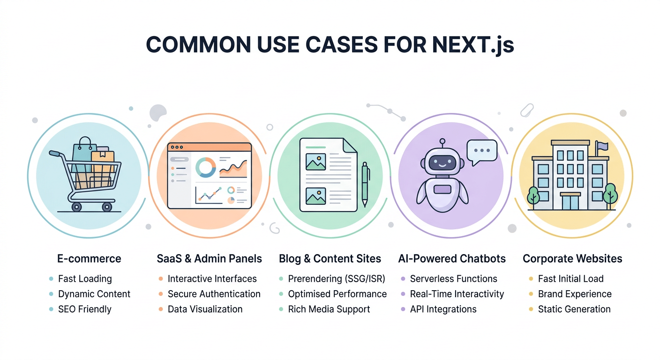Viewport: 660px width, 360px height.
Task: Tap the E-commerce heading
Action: (89, 258)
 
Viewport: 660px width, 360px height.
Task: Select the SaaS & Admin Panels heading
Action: (209, 258)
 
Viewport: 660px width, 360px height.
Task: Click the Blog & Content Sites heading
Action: (330, 258)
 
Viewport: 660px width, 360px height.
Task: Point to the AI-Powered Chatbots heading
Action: (452, 258)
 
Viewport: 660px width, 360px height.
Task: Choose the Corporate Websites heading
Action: (572, 258)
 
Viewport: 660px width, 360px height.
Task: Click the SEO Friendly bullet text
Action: (85, 309)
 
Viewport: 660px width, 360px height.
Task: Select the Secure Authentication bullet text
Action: (214, 294)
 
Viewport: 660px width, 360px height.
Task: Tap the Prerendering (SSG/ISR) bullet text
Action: (336, 279)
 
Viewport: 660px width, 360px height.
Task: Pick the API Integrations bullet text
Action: (443, 309)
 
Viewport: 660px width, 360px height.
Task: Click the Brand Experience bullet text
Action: (575, 294)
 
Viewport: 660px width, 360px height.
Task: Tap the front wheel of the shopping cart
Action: (107, 206)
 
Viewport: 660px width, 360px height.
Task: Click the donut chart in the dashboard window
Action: (205, 167)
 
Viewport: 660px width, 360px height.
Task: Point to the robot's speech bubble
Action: (481, 152)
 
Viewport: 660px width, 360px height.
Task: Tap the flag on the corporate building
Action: (602, 147)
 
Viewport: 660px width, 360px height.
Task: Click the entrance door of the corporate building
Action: (570, 202)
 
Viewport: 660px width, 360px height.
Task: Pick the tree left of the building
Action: (533, 196)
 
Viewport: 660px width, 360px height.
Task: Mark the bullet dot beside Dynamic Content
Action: (51, 294)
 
